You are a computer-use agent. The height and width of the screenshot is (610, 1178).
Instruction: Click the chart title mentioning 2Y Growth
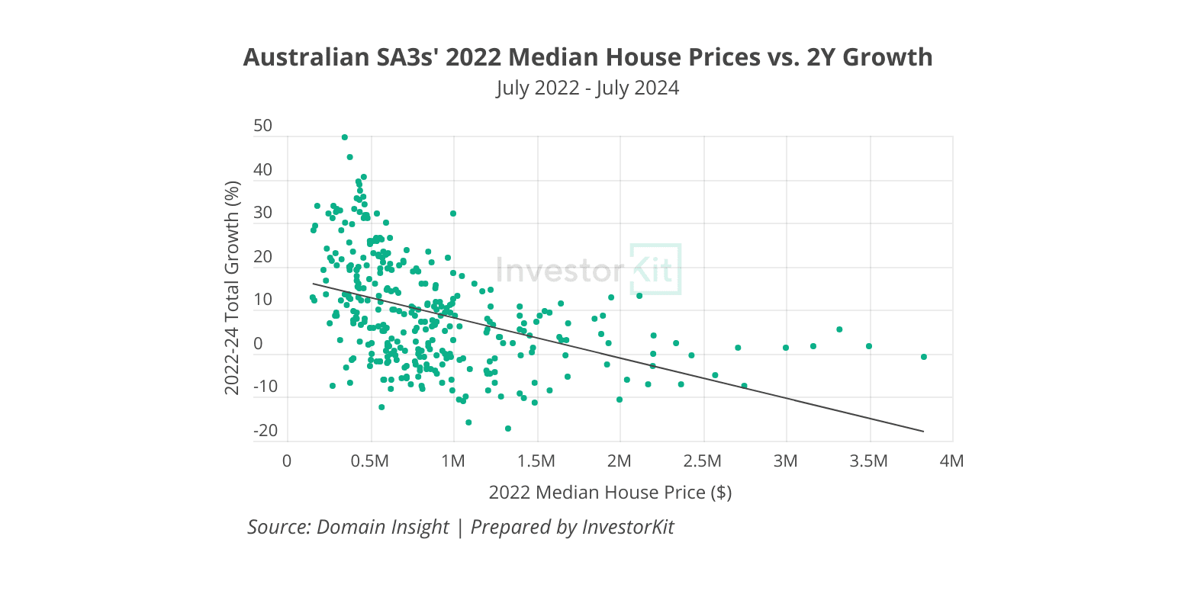[587, 57]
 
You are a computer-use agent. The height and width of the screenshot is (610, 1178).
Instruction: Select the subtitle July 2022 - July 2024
[587, 88]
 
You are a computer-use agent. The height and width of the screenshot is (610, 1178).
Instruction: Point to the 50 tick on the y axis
[262, 126]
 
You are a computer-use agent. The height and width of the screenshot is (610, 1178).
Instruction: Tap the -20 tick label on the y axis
[266, 431]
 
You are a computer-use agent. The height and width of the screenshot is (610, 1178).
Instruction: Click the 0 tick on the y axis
[258, 344]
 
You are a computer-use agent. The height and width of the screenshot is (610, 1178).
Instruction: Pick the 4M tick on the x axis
[952, 461]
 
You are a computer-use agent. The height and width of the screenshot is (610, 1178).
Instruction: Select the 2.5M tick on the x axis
[702, 461]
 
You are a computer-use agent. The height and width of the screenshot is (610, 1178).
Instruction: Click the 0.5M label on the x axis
[370, 461]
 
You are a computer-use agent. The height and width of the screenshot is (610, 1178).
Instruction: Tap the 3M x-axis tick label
[785, 461]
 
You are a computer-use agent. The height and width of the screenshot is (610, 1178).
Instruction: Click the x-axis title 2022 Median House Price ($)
[610, 493]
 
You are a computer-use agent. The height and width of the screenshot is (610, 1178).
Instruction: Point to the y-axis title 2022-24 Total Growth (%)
[233, 288]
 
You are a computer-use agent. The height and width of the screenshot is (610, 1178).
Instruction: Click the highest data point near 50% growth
[345, 137]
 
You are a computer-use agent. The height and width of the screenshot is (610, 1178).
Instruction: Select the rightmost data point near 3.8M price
[924, 357]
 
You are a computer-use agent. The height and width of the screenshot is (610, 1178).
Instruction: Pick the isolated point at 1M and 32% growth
[453, 213]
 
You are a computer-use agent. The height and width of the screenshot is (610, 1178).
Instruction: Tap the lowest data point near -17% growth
[508, 429]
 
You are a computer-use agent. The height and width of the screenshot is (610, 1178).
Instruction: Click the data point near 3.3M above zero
[839, 329]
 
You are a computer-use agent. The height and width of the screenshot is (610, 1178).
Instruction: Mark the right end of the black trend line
[923, 432]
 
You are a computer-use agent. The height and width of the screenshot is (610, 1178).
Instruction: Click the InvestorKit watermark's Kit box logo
[655, 269]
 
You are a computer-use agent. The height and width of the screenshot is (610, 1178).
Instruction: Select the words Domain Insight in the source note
[382, 527]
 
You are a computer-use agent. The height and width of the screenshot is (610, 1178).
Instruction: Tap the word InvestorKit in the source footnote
[628, 527]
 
